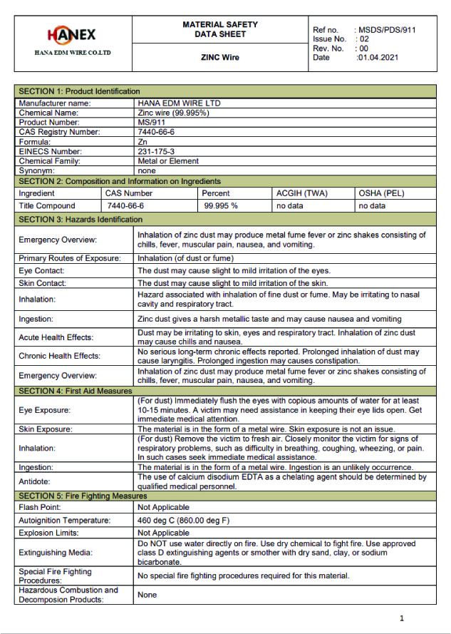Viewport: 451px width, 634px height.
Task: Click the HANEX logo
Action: click(x=72, y=35)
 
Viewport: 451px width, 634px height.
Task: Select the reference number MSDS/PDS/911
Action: click(x=387, y=30)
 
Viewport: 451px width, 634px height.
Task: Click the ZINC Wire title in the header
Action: click(x=219, y=58)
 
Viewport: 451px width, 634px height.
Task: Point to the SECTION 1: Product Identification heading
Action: click(x=79, y=91)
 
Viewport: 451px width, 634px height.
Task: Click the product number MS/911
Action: click(x=150, y=122)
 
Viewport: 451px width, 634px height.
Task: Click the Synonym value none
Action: click(x=146, y=171)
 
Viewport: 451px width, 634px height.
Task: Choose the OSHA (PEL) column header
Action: click(x=382, y=193)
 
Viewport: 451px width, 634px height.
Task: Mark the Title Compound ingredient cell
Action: click(x=47, y=205)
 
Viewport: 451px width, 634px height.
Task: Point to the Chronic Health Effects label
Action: click(x=59, y=355)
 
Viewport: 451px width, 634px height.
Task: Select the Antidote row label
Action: click(x=35, y=481)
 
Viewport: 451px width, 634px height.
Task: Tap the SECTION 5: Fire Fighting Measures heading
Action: click(x=83, y=496)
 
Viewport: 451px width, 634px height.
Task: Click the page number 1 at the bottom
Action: click(x=402, y=618)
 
